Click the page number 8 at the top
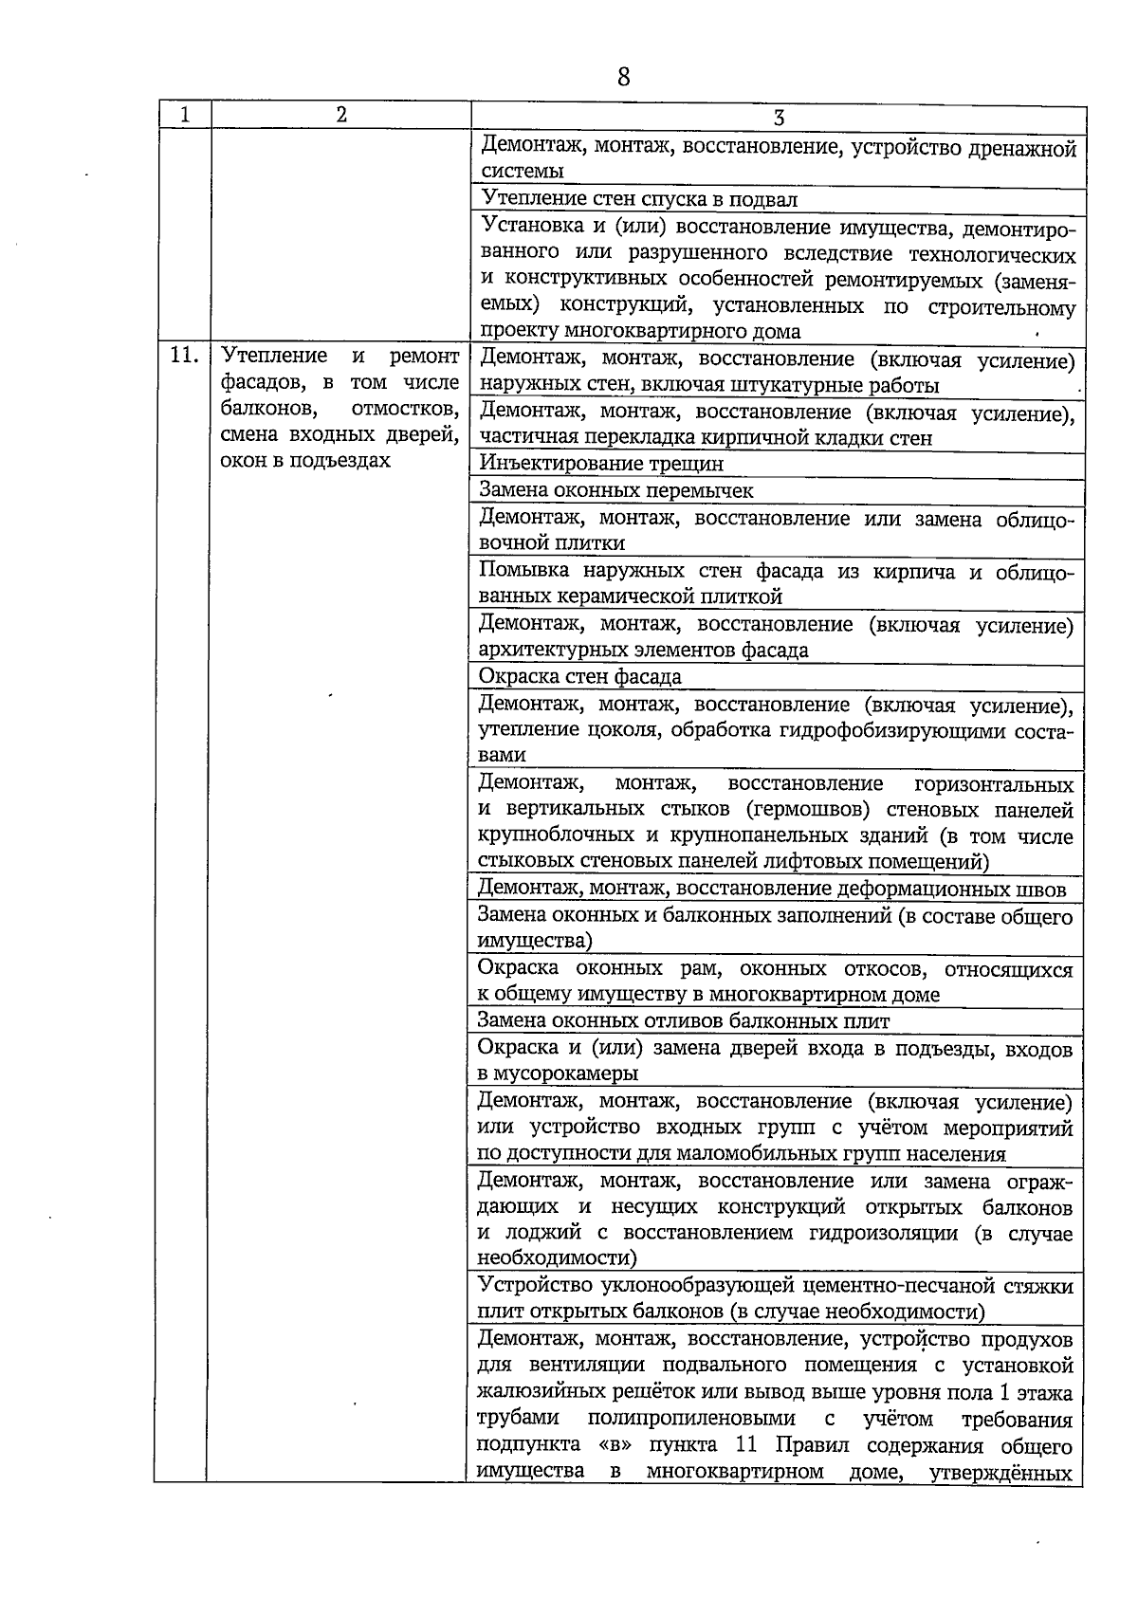coord(623,77)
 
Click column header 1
coord(184,115)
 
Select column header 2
coord(340,115)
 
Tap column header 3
coord(778,118)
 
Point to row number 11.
coord(183,357)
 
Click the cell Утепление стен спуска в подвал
coord(639,199)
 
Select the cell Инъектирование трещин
coord(601,464)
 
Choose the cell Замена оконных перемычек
coord(616,490)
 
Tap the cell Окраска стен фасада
coord(580,677)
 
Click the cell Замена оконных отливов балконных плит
coord(684,1021)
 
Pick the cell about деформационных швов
coord(772,889)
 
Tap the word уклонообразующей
coord(699,1287)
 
